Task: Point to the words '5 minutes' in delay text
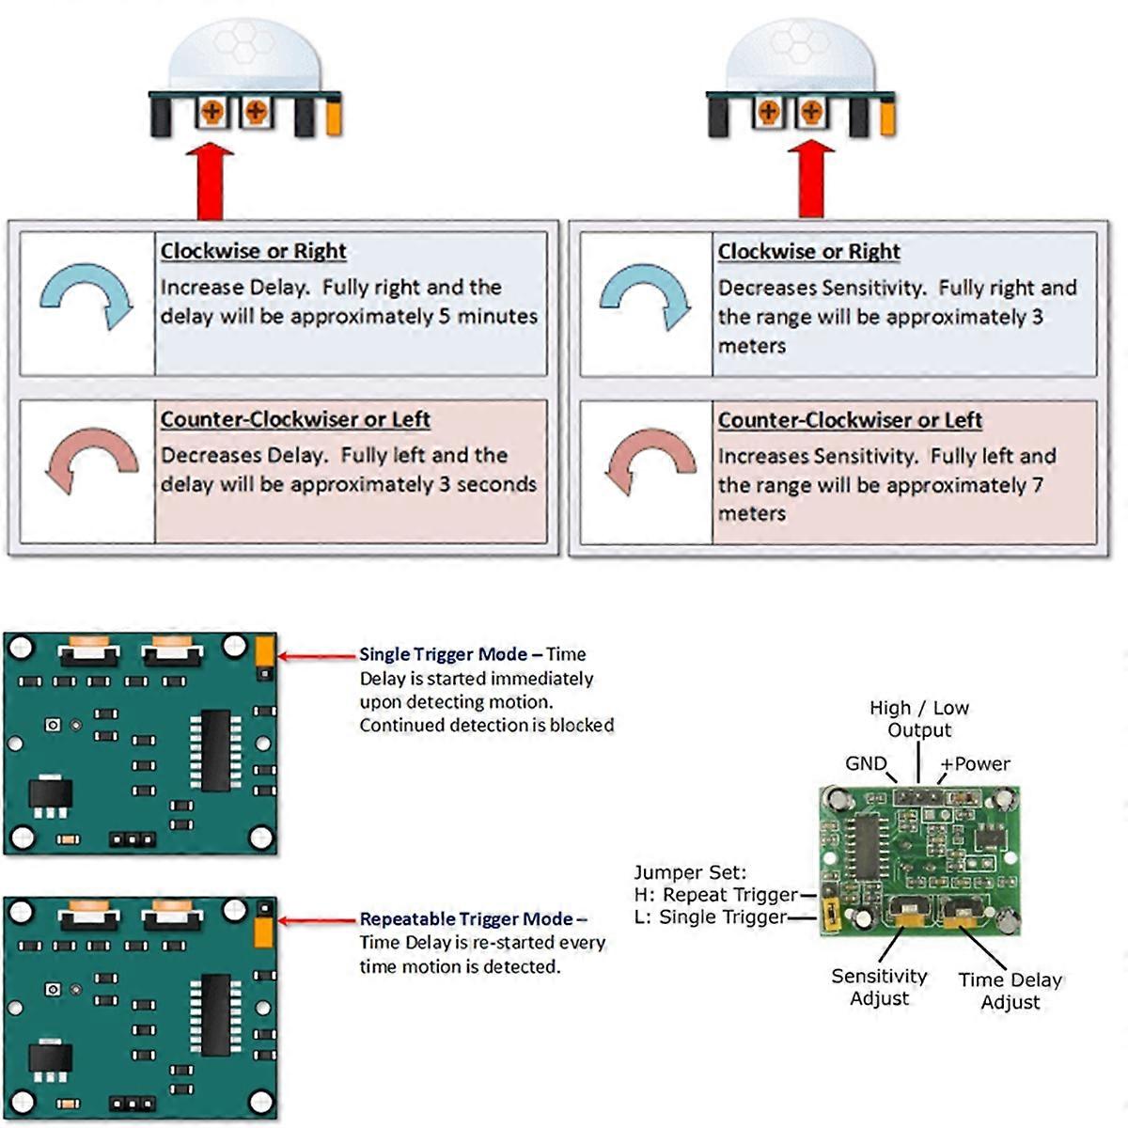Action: coord(489,317)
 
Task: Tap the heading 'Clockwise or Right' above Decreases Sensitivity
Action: coord(808,252)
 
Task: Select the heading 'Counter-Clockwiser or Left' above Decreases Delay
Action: coord(295,419)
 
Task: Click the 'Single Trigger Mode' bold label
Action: coord(442,654)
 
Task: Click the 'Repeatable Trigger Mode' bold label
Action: coord(465,919)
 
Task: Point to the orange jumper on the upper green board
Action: coord(264,650)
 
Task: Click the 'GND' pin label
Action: coord(865,763)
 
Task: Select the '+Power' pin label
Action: coord(976,763)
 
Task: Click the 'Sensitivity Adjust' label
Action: coord(879,987)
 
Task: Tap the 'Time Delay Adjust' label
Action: coord(1010,991)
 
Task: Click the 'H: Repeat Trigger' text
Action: coord(716,895)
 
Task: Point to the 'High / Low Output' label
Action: coord(919,719)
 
